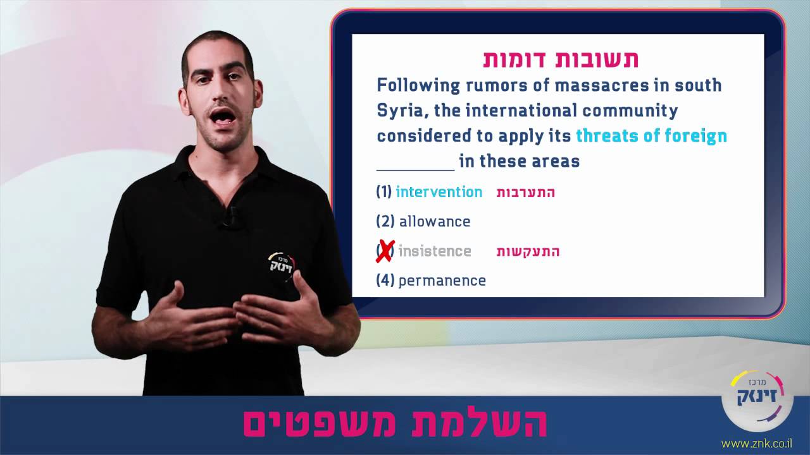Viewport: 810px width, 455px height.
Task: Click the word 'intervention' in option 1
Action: (x=439, y=192)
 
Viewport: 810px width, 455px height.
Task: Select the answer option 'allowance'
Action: (x=434, y=222)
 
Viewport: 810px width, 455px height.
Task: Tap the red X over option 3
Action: (x=385, y=252)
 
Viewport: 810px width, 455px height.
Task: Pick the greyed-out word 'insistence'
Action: (x=435, y=252)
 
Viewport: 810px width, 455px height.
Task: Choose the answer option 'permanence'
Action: (x=442, y=281)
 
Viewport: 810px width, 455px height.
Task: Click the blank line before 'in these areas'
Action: (x=415, y=162)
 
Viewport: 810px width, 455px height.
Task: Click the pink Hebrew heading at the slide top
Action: (x=560, y=59)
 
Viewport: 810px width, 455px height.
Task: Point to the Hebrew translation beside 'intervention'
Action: (x=525, y=193)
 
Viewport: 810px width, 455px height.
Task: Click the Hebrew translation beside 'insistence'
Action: (x=528, y=252)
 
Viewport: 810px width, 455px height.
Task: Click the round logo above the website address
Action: (x=757, y=401)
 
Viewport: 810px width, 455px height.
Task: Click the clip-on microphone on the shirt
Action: (x=230, y=216)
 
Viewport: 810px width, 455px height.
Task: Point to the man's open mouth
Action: (x=221, y=118)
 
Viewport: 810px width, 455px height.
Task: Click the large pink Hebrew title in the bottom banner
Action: (x=395, y=424)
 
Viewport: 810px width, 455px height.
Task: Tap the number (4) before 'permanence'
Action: (x=385, y=281)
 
